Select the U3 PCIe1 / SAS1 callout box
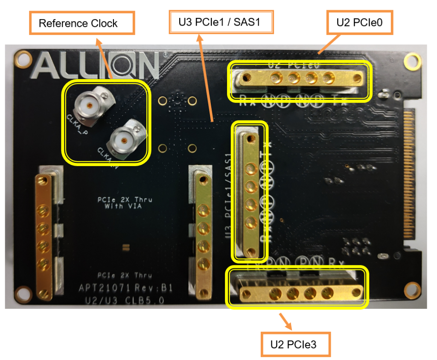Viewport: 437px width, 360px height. click(221, 22)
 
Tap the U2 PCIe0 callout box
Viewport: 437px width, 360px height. click(360, 23)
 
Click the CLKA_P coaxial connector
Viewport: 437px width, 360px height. click(90, 105)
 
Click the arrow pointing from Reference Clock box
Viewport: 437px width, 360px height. click(105, 58)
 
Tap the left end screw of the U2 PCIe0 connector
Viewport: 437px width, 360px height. click(246, 77)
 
